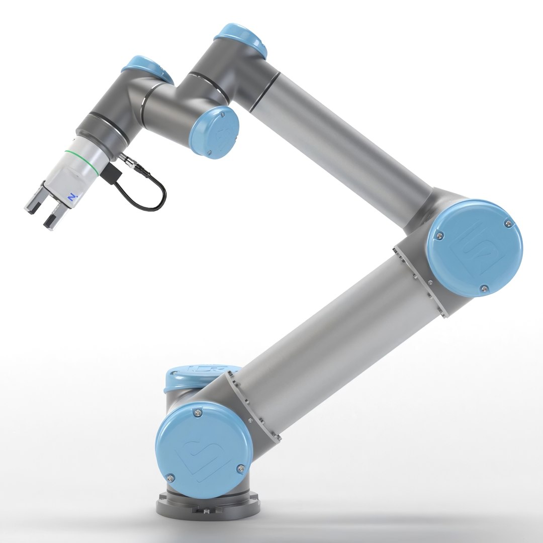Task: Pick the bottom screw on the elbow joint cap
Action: click(x=483, y=288)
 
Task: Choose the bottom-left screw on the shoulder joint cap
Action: click(x=171, y=477)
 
